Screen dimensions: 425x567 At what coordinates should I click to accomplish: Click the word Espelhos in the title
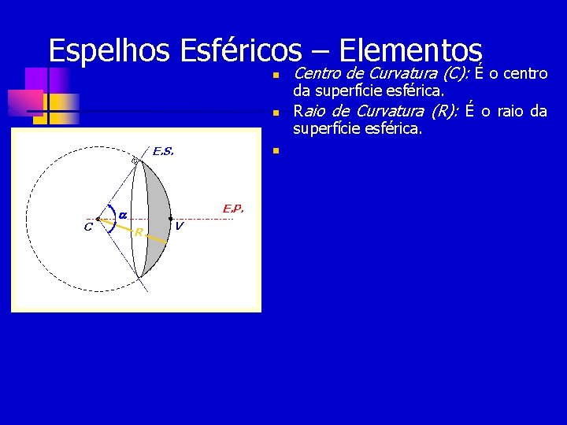point(110,51)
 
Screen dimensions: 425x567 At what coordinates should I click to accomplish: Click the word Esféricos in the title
point(241,51)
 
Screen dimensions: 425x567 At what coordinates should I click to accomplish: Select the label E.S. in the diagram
point(163,151)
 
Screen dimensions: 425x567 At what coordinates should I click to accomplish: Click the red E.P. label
point(233,209)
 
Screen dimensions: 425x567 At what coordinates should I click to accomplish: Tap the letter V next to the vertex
point(180,227)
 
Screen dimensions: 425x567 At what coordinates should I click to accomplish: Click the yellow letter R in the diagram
point(138,232)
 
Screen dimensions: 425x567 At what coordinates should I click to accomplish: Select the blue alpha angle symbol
point(123,213)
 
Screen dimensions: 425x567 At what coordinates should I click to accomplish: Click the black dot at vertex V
point(171,219)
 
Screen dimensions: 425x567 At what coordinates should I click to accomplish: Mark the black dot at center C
point(97,219)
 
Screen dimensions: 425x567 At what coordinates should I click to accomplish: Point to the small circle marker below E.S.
point(135,161)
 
